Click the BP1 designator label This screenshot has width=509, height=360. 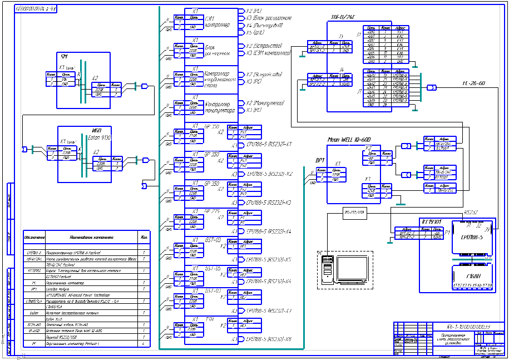point(320,160)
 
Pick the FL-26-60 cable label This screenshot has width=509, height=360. point(473,83)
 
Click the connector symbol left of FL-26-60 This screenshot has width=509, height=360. point(431,87)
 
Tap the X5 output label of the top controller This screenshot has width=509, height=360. point(256,32)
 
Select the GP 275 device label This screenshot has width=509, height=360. point(213,211)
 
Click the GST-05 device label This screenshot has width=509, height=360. point(213,268)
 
